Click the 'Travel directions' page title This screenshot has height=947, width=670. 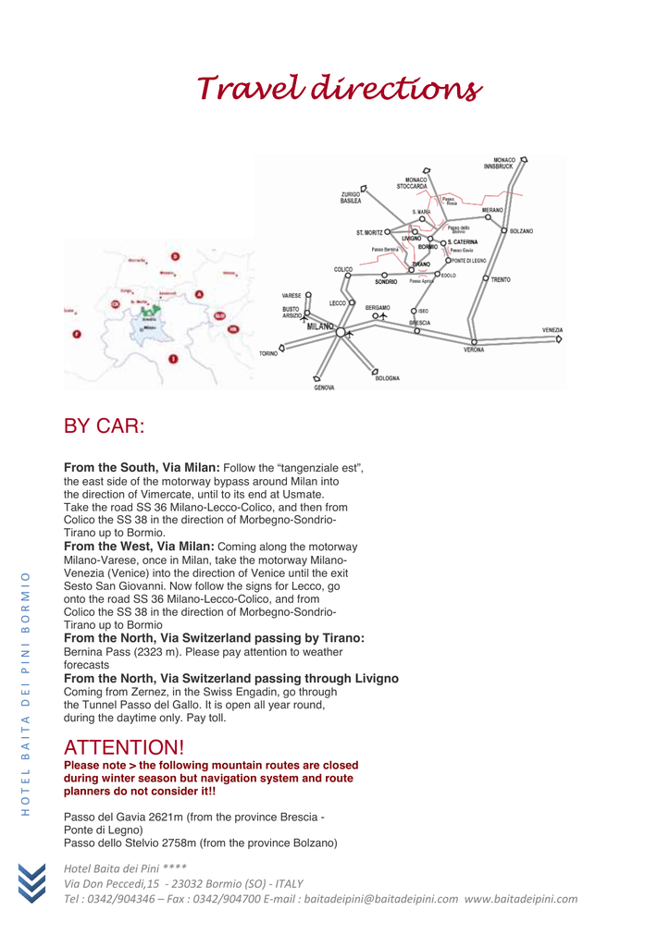point(340,89)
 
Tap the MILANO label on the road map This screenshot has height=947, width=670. point(319,326)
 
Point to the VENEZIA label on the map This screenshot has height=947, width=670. point(552,330)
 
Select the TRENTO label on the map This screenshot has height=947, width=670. point(501,279)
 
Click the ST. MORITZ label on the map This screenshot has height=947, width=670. point(369,232)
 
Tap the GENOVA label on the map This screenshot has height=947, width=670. point(324,387)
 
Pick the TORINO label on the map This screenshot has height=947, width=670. point(268,353)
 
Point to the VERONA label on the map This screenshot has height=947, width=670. point(474,350)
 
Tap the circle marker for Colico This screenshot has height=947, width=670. point(348,276)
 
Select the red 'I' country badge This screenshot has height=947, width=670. point(173,359)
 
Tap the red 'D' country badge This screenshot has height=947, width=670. point(175,256)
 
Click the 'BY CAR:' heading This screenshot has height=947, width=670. point(104,426)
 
